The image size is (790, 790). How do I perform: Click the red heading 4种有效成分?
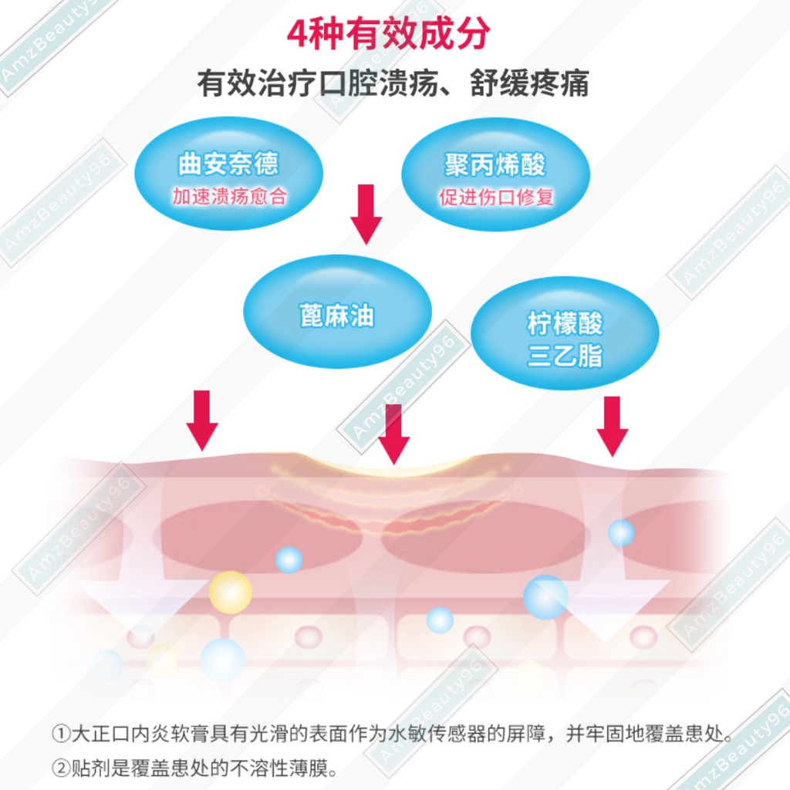point(387,35)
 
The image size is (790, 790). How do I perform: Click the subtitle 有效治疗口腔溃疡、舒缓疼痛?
point(393,83)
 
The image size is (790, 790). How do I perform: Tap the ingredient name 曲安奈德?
point(228,164)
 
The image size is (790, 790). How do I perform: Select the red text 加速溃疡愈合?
point(229,196)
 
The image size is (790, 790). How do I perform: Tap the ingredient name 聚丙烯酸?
point(495,164)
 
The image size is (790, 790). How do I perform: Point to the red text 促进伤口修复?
point(496,197)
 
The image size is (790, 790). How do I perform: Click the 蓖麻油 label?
point(336,316)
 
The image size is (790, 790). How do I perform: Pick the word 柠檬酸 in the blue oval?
point(565,323)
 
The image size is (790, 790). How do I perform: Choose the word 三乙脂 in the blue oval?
point(565,356)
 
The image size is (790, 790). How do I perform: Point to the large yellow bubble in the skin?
point(230,592)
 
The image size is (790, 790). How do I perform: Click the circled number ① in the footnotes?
point(60,733)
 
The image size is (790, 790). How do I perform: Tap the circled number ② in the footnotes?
point(60,768)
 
